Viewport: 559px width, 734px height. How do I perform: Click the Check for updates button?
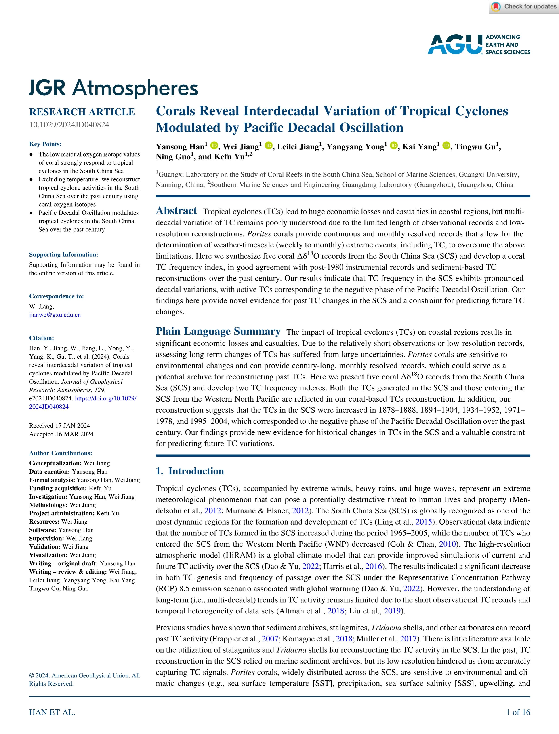pos(524,7)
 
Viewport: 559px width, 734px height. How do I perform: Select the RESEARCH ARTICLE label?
pos(82,112)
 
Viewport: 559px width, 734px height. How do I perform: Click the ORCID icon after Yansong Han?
pos(214,146)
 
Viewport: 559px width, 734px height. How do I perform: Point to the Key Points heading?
pos(45,144)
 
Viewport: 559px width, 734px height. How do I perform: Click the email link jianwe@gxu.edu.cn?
pos(55,315)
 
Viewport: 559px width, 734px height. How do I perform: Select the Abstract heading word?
pos(176,211)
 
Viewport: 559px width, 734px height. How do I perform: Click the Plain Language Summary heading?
pos(218,331)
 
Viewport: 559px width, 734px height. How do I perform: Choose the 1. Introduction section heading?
pos(190,471)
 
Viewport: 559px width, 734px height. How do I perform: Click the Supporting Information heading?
pos(63,255)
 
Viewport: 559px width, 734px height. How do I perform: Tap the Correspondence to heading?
pos(56,296)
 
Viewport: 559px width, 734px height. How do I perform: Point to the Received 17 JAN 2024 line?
pos(60,426)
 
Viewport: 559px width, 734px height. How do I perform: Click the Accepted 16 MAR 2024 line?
pos(61,434)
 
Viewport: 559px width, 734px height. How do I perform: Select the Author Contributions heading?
pos(61,453)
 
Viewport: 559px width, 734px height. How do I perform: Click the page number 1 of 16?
pos(518,712)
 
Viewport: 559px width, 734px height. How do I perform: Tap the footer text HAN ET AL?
pos(52,712)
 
